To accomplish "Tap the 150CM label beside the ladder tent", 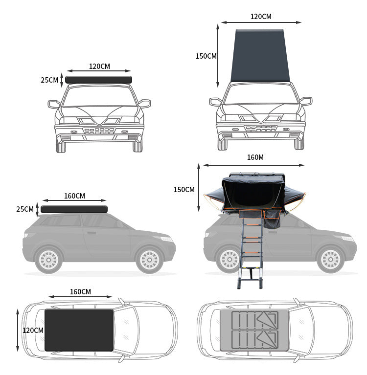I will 184,190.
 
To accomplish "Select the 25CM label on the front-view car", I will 49,80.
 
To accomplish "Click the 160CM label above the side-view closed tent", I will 74,196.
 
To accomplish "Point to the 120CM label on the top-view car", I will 33,331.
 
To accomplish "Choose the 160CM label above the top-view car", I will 80,292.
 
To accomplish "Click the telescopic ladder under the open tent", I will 250,254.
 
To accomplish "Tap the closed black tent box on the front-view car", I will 98,80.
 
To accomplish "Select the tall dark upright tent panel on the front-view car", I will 260,56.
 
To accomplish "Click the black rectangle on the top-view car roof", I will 79,330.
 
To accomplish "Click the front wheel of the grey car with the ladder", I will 330,259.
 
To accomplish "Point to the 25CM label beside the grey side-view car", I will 25,209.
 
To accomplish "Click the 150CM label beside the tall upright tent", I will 206,56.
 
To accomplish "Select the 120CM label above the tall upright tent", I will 261,17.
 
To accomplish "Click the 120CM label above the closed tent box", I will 99,66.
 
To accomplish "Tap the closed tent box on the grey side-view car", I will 74,209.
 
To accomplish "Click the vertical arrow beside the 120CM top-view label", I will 18,330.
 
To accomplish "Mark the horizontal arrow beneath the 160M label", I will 253,165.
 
